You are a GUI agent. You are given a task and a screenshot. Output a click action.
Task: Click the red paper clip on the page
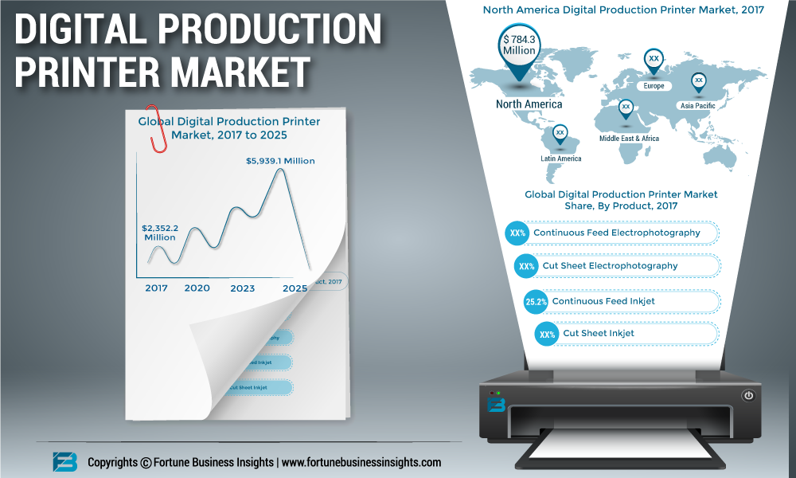click(x=159, y=129)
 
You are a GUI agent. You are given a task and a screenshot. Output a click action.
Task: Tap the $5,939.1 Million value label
click(x=279, y=161)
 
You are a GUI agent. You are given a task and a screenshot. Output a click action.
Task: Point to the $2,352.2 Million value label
click(x=159, y=233)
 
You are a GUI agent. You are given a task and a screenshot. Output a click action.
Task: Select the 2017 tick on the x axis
click(x=157, y=288)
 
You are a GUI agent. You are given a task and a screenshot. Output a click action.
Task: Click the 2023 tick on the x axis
click(x=243, y=288)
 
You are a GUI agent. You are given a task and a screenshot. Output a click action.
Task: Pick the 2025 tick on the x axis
click(x=295, y=288)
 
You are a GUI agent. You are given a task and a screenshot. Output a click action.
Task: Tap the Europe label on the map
click(x=654, y=86)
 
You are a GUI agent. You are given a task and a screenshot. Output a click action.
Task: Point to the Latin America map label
click(x=560, y=159)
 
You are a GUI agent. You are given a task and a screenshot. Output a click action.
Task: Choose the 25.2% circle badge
click(x=536, y=301)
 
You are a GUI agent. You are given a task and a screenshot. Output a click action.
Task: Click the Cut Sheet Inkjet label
click(x=599, y=333)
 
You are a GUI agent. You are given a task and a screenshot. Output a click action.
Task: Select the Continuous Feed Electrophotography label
click(x=617, y=233)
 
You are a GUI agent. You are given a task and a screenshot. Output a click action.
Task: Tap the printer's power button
click(x=748, y=395)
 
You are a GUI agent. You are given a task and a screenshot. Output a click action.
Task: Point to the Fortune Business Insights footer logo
click(x=64, y=462)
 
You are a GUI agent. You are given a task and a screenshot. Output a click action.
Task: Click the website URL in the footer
click(x=361, y=462)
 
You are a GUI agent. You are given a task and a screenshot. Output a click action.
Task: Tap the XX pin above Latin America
click(x=560, y=133)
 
